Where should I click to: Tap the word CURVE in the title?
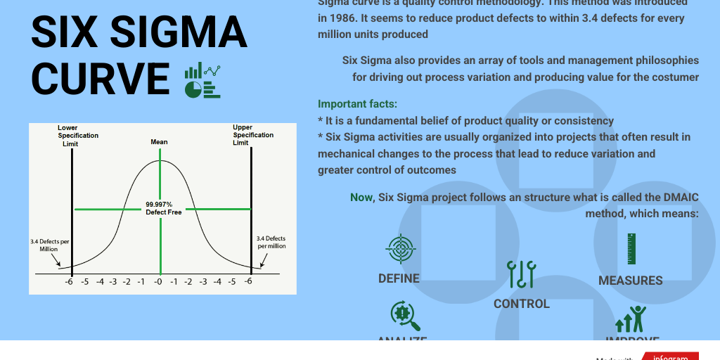coord(101,78)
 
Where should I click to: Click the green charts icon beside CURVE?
coord(202,79)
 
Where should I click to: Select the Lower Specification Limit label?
coord(77,136)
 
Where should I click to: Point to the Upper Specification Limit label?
coord(252,135)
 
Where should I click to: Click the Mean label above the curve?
coord(159,142)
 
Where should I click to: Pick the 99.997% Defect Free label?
coord(163,208)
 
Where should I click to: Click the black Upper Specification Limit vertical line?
coord(250,211)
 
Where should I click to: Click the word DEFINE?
coord(399,278)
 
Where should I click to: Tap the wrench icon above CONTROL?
coord(521,274)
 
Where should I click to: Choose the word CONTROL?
coord(521,304)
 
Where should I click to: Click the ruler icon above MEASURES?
coord(631,249)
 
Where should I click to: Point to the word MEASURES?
coord(630,281)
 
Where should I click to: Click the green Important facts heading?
coord(357,104)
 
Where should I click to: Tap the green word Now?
coord(362,198)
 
